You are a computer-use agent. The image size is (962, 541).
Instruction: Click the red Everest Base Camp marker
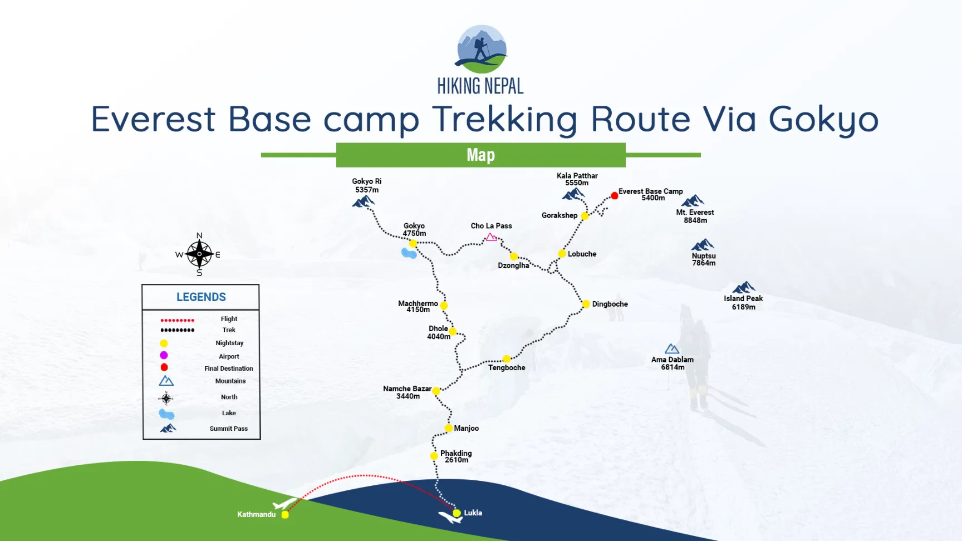[614, 195]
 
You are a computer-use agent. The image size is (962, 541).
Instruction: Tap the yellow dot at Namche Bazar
[436, 391]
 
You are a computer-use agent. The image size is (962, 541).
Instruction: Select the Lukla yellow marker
[457, 513]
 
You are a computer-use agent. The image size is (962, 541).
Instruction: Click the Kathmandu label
[256, 514]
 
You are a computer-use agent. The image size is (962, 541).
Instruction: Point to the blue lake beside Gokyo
[409, 254]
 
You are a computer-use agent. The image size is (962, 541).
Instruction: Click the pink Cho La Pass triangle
[491, 237]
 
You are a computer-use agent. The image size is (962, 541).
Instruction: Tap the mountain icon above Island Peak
[743, 288]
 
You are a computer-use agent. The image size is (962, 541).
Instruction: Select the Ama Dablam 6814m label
[673, 363]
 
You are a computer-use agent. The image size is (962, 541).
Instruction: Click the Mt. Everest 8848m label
[695, 216]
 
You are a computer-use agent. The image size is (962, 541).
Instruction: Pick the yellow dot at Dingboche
[586, 304]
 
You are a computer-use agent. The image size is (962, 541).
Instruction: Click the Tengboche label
[507, 367]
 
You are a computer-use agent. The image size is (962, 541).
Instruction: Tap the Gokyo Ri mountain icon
[364, 201]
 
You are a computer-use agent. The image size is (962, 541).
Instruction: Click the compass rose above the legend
[199, 254]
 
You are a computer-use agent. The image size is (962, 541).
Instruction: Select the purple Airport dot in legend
[164, 355]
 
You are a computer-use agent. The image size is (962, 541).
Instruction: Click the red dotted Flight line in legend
[177, 320]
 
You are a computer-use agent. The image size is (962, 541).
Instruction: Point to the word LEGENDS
[201, 297]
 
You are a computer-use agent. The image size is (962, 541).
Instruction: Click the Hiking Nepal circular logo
[482, 49]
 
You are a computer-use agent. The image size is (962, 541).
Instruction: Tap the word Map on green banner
[480, 155]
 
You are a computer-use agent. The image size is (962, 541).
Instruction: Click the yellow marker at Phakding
[434, 456]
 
